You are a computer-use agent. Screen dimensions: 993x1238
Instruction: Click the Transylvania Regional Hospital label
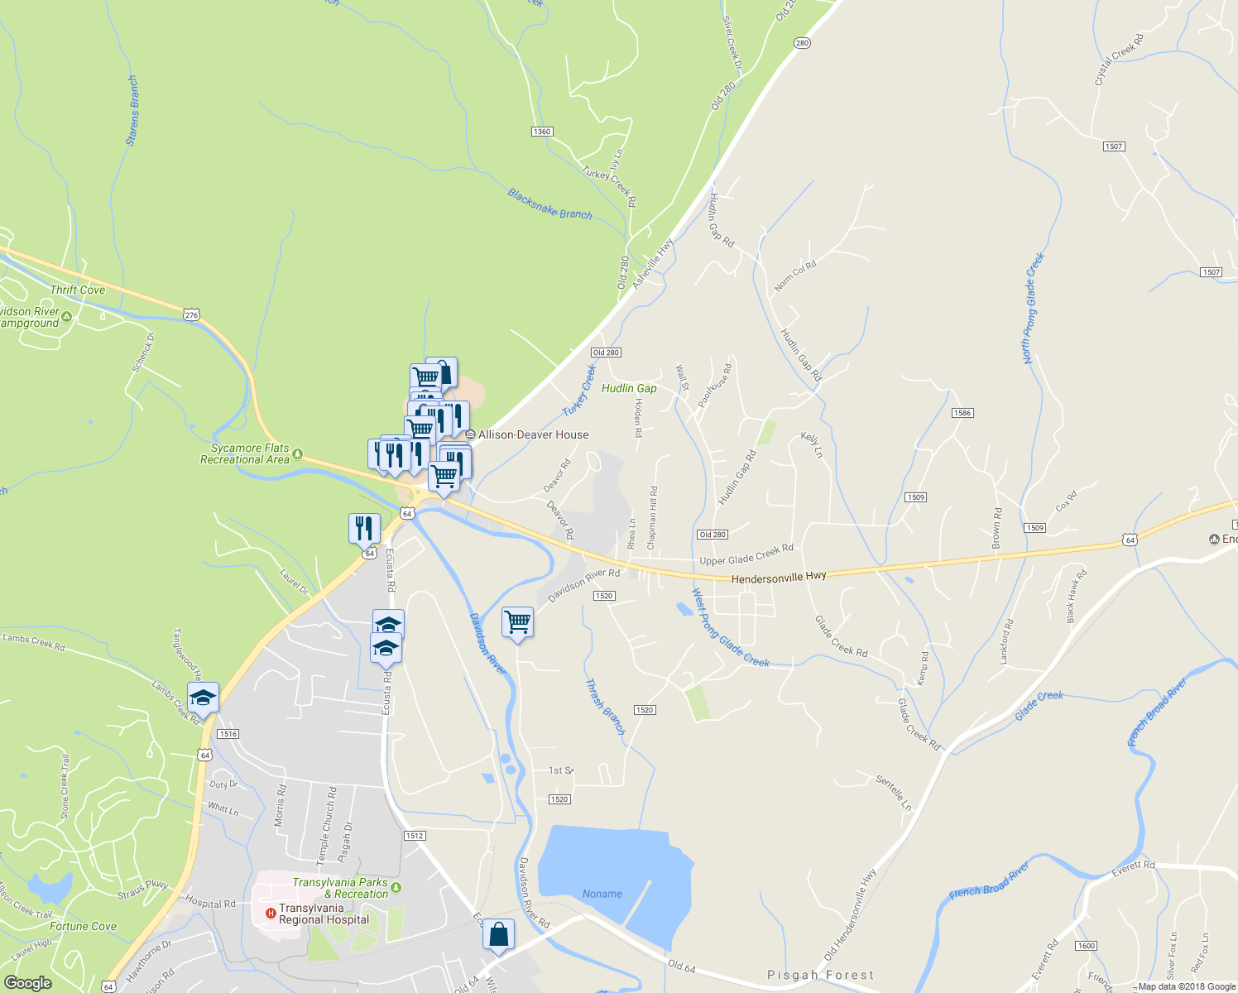coord(324,914)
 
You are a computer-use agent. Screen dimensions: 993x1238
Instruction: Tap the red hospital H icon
coord(270,914)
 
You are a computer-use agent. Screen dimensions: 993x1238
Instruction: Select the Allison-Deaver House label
coord(533,434)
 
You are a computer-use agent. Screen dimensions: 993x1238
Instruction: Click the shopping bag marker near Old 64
coord(499,935)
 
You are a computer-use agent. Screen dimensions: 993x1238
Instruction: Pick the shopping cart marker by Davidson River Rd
coord(517,621)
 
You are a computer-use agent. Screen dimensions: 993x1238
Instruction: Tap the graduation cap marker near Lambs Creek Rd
coord(203,698)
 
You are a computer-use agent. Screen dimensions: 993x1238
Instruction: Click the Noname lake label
coord(602,894)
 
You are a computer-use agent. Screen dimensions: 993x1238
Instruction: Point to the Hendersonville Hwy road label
coord(778,577)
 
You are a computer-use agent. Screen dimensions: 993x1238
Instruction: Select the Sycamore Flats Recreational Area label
coord(245,453)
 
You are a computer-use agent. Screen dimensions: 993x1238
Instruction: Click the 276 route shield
coord(192,314)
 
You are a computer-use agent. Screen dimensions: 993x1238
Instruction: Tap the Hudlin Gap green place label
coord(629,388)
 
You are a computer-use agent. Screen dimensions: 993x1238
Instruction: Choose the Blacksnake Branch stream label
coord(549,204)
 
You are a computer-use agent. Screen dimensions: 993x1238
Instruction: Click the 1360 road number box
coord(542,132)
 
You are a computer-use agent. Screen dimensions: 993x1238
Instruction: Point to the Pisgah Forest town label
coord(820,975)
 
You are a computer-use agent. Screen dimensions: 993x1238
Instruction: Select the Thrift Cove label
coord(78,290)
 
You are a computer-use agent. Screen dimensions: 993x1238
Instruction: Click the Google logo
coord(27,982)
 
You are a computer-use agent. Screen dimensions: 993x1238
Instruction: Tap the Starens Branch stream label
coord(132,111)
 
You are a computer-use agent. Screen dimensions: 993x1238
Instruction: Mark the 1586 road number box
coord(962,413)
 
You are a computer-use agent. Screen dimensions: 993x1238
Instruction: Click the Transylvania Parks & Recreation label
coord(340,888)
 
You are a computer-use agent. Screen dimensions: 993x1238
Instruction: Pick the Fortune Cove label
coord(83,926)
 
